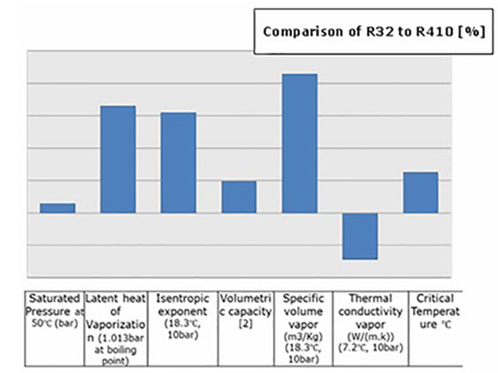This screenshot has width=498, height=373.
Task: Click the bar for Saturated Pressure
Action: pos(57,208)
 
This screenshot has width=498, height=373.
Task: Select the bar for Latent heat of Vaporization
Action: pos(118,159)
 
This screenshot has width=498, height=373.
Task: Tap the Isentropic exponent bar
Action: pos(178,163)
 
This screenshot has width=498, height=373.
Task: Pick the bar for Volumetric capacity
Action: pos(239,197)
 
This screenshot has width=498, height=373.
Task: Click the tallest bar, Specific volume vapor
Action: pos(299,143)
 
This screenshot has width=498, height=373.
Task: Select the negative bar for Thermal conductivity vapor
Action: pos(360,236)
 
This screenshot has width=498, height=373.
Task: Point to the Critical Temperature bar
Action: pos(421,192)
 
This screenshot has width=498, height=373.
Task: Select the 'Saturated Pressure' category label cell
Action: pos(54,311)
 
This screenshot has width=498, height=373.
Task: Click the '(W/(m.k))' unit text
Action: pos(370,336)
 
